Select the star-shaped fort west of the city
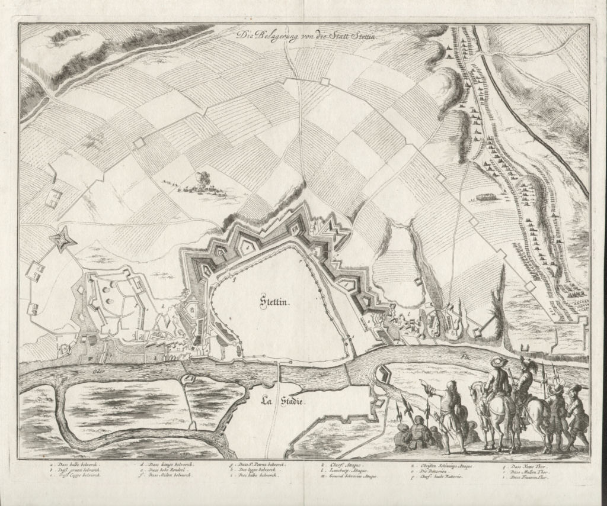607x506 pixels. click(x=60, y=240)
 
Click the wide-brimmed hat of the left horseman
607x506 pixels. click(x=499, y=362)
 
